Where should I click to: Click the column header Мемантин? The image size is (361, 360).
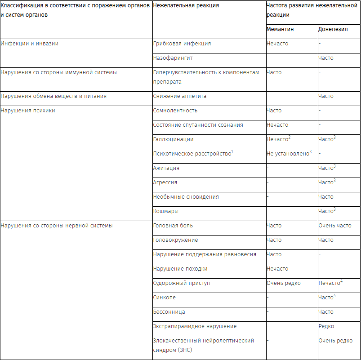coord(281,29)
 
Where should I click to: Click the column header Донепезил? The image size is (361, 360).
coord(333,29)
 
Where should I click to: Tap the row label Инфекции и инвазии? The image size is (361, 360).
coord(30,44)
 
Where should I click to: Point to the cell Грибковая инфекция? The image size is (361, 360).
coord(182,44)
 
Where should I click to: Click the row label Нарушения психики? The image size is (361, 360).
coord(28,111)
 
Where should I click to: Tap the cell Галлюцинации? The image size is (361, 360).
coord(174,139)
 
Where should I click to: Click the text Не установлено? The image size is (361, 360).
coord(287,154)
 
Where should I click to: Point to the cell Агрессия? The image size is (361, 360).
coord(165,182)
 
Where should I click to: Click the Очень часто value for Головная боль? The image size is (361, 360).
coord(335,226)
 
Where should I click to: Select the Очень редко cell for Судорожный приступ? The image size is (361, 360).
coord(284,283)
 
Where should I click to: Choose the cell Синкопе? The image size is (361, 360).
coord(165,298)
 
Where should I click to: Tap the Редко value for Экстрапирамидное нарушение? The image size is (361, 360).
coord(326,326)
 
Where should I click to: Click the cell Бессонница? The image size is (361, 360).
coord(169,312)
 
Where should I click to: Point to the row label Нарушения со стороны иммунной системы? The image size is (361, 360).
coord(58,72)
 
